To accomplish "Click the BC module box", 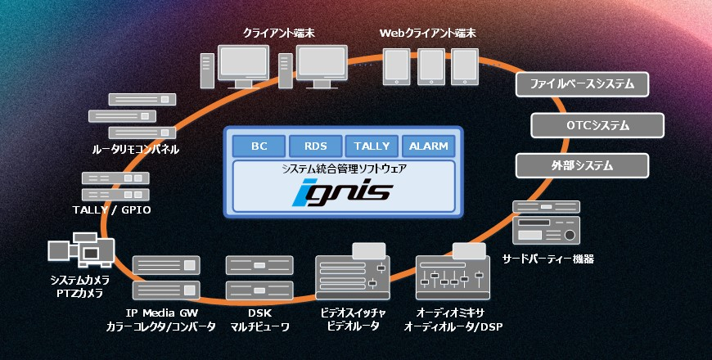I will click(x=259, y=146).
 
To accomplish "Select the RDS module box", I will click(x=316, y=146).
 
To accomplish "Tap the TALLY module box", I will click(x=372, y=146).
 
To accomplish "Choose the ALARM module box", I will click(x=428, y=146).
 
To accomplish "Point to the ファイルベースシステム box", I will click(x=582, y=84).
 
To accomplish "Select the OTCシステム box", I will click(x=597, y=125).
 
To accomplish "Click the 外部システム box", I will click(x=582, y=165).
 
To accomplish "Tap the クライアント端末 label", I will click(x=275, y=34).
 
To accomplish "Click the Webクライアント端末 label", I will click(x=427, y=34).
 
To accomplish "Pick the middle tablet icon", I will click(x=430, y=65).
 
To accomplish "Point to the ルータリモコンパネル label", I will click(x=136, y=150).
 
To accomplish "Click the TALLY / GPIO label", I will click(x=111, y=211).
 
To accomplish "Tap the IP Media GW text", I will click(x=160, y=313).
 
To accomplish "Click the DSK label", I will click(x=258, y=313).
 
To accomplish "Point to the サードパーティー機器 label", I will click(x=548, y=259).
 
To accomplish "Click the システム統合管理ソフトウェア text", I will click(x=344, y=169).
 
